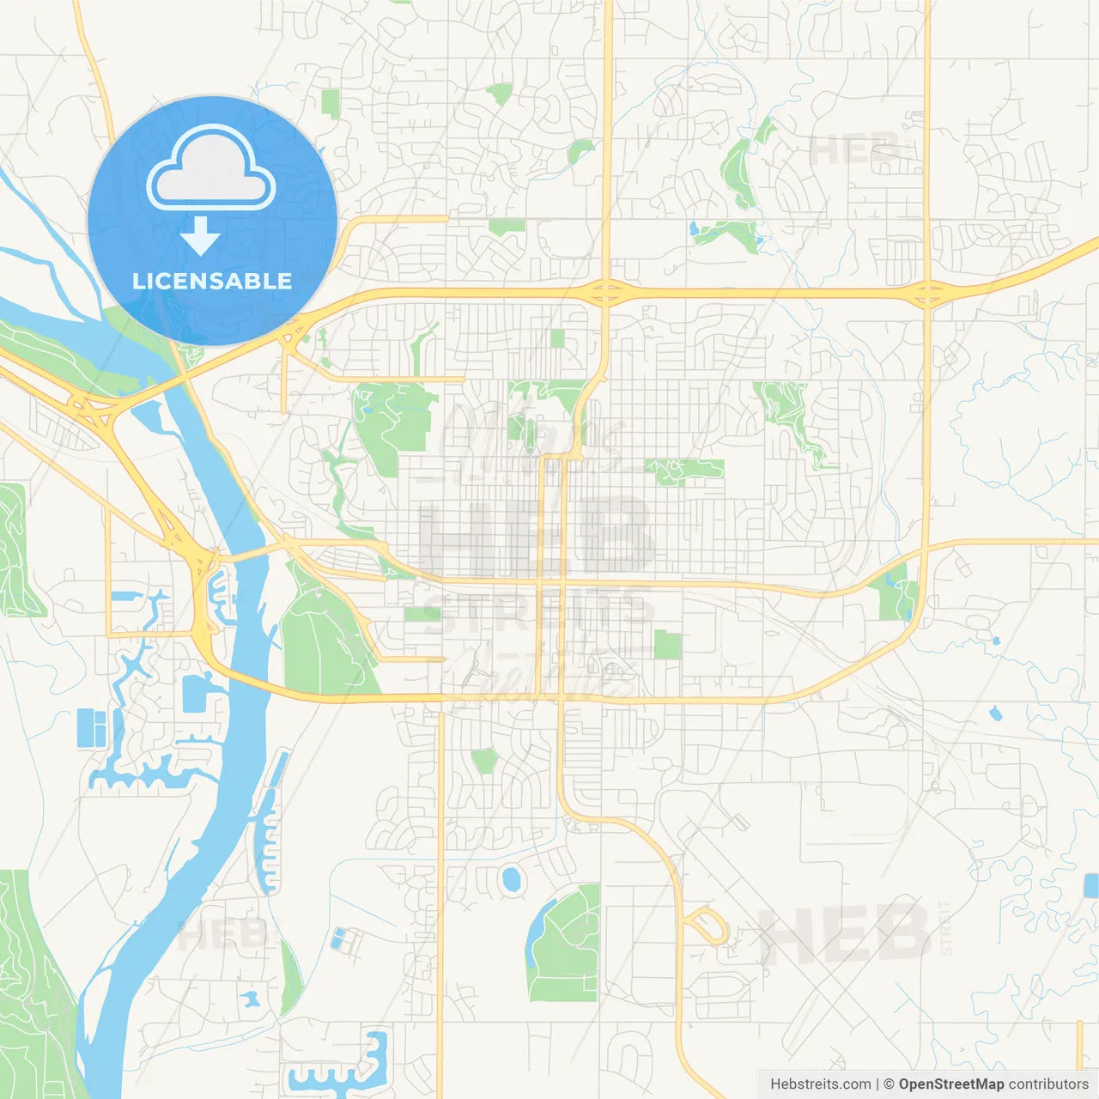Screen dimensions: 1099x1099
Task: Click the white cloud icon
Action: (x=211, y=167)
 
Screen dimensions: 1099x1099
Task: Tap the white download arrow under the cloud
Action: (x=200, y=236)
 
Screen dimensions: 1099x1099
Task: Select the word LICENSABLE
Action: (x=212, y=281)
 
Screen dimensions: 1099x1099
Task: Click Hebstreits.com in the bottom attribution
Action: (x=820, y=1084)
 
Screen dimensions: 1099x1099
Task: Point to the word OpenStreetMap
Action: (x=950, y=1084)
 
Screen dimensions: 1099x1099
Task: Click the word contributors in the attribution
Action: (x=1048, y=1084)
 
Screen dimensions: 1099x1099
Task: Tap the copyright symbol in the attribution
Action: (x=889, y=1084)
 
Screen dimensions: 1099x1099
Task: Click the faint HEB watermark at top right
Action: (x=854, y=151)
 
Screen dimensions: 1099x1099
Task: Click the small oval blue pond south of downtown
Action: (x=512, y=879)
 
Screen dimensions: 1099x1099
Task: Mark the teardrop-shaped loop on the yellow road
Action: (x=707, y=927)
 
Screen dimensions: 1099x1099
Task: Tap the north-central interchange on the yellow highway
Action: (x=606, y=293)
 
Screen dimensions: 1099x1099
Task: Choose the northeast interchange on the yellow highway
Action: (x=927, y=294)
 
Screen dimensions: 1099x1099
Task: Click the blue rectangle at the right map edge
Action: (x=1091, y=885)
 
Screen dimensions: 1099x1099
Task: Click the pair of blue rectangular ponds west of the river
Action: (x=92, y=728)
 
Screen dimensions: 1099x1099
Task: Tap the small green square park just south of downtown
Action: (x=667, y=644)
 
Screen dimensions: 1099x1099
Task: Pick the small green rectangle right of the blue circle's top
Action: (x=331, y=103)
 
